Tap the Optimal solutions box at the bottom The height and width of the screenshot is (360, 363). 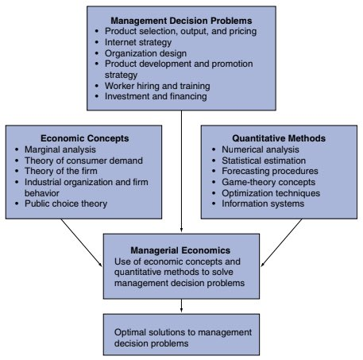(x=182, y=336)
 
